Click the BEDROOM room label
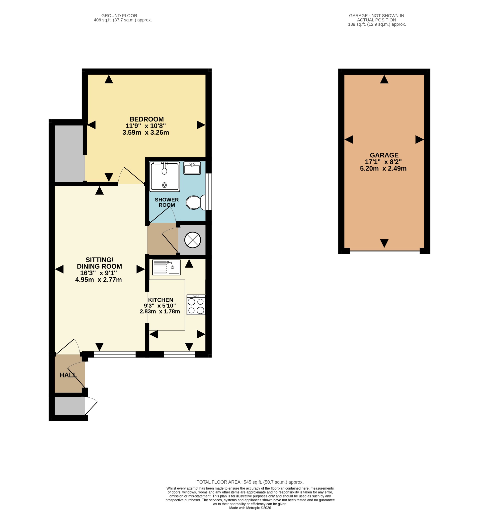click(147, 119)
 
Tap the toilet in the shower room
click(196, 202)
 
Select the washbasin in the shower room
click(192, 168)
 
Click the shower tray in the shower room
click(165, 177)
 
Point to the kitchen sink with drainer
click(166, 267)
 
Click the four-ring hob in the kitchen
click(196, 305)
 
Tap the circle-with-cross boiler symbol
click(193, 240)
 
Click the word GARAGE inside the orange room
click(384, 155)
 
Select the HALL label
click(68, 375)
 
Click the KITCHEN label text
click(161, 300)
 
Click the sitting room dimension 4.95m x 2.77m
click(98, 280)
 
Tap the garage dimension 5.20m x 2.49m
click(383, 169)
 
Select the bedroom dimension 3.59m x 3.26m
click(146, 133)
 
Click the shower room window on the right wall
click(209, 192)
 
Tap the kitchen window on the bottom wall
click(179, 354)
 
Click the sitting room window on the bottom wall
click(115, 354)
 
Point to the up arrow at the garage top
click(384, 79)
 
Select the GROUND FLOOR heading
click(119, 16)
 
